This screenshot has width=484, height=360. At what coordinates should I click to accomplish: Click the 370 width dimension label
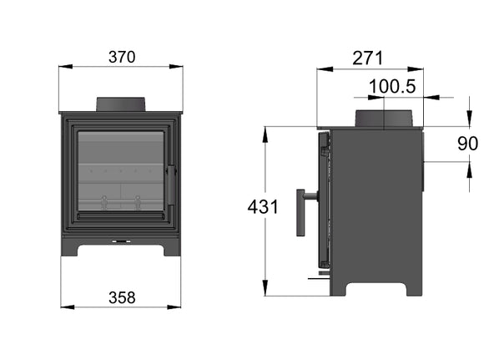tap(121, 57)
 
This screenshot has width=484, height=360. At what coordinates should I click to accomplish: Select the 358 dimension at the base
tap(121, 297)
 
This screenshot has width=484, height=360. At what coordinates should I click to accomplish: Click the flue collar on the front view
tap(122, 104)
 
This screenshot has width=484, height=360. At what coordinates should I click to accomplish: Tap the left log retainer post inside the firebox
tap(104, 202)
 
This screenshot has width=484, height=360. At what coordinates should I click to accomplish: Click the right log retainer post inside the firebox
tap(137, 202)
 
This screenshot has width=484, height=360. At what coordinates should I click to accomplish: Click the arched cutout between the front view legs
tap(121, 251)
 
